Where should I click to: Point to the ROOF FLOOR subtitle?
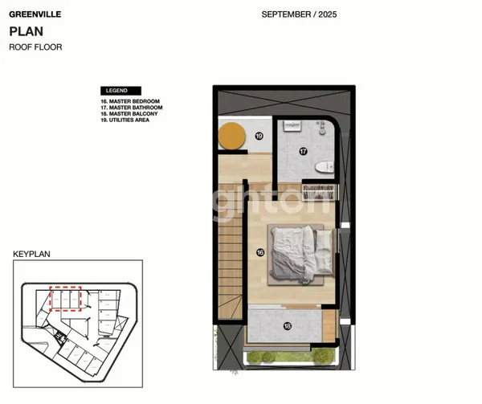click(x=35, y=47)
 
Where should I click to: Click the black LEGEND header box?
click(x=120, y=91)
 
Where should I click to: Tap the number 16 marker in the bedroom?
click(x=260, y=252)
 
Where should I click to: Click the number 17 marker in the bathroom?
click(x=303, y=150)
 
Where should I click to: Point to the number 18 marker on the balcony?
click(x=286, y=325)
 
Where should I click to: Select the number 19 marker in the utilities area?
click(x=259, y=136)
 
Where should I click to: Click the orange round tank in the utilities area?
click(x=232, y=136)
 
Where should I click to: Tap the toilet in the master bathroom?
click(x=324, y=166)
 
